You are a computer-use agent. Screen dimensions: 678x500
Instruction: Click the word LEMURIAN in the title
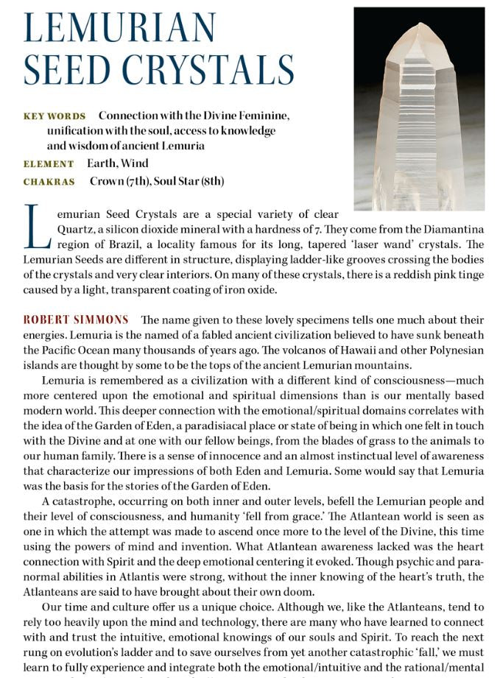120,28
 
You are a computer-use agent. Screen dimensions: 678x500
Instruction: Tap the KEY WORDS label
54,116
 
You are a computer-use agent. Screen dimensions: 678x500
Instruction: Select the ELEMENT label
49,164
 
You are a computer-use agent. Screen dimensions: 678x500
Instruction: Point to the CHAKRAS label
49,182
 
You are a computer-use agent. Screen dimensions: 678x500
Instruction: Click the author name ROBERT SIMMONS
76,319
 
